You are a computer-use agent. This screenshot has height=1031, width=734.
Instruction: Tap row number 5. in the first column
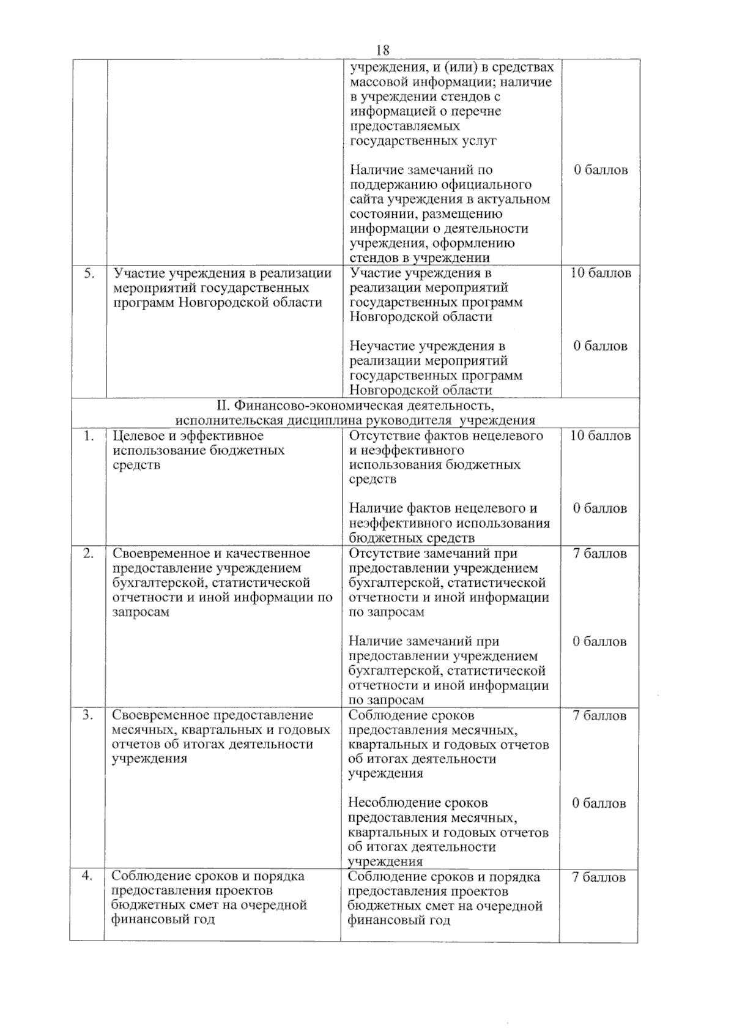pyautogui.click(x=89, y=274)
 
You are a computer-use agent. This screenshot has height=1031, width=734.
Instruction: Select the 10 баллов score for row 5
pyautogui.click(x=601, y=274)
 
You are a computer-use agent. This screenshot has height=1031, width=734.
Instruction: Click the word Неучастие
pyautogui.click(x=382, y=346)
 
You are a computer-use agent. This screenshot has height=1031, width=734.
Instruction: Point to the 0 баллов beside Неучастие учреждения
pyautogui.click(x=600, y=346)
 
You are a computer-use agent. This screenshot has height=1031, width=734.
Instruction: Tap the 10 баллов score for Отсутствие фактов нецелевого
pyautogui.click(x=600, y=436)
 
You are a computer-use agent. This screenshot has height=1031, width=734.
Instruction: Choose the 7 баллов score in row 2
pyautogui.click(x=599, y=554)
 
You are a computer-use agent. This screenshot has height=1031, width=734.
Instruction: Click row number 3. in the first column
pyautogui.click(x=88, y=715)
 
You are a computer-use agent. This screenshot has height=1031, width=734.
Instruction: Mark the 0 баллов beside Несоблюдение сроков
pyautogui.click(x=599, y=803)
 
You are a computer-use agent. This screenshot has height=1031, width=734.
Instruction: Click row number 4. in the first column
pyautogui.click(x=87, y=876)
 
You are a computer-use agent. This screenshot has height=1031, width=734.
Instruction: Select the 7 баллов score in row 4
pyautogui.click(x=598, y=877)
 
